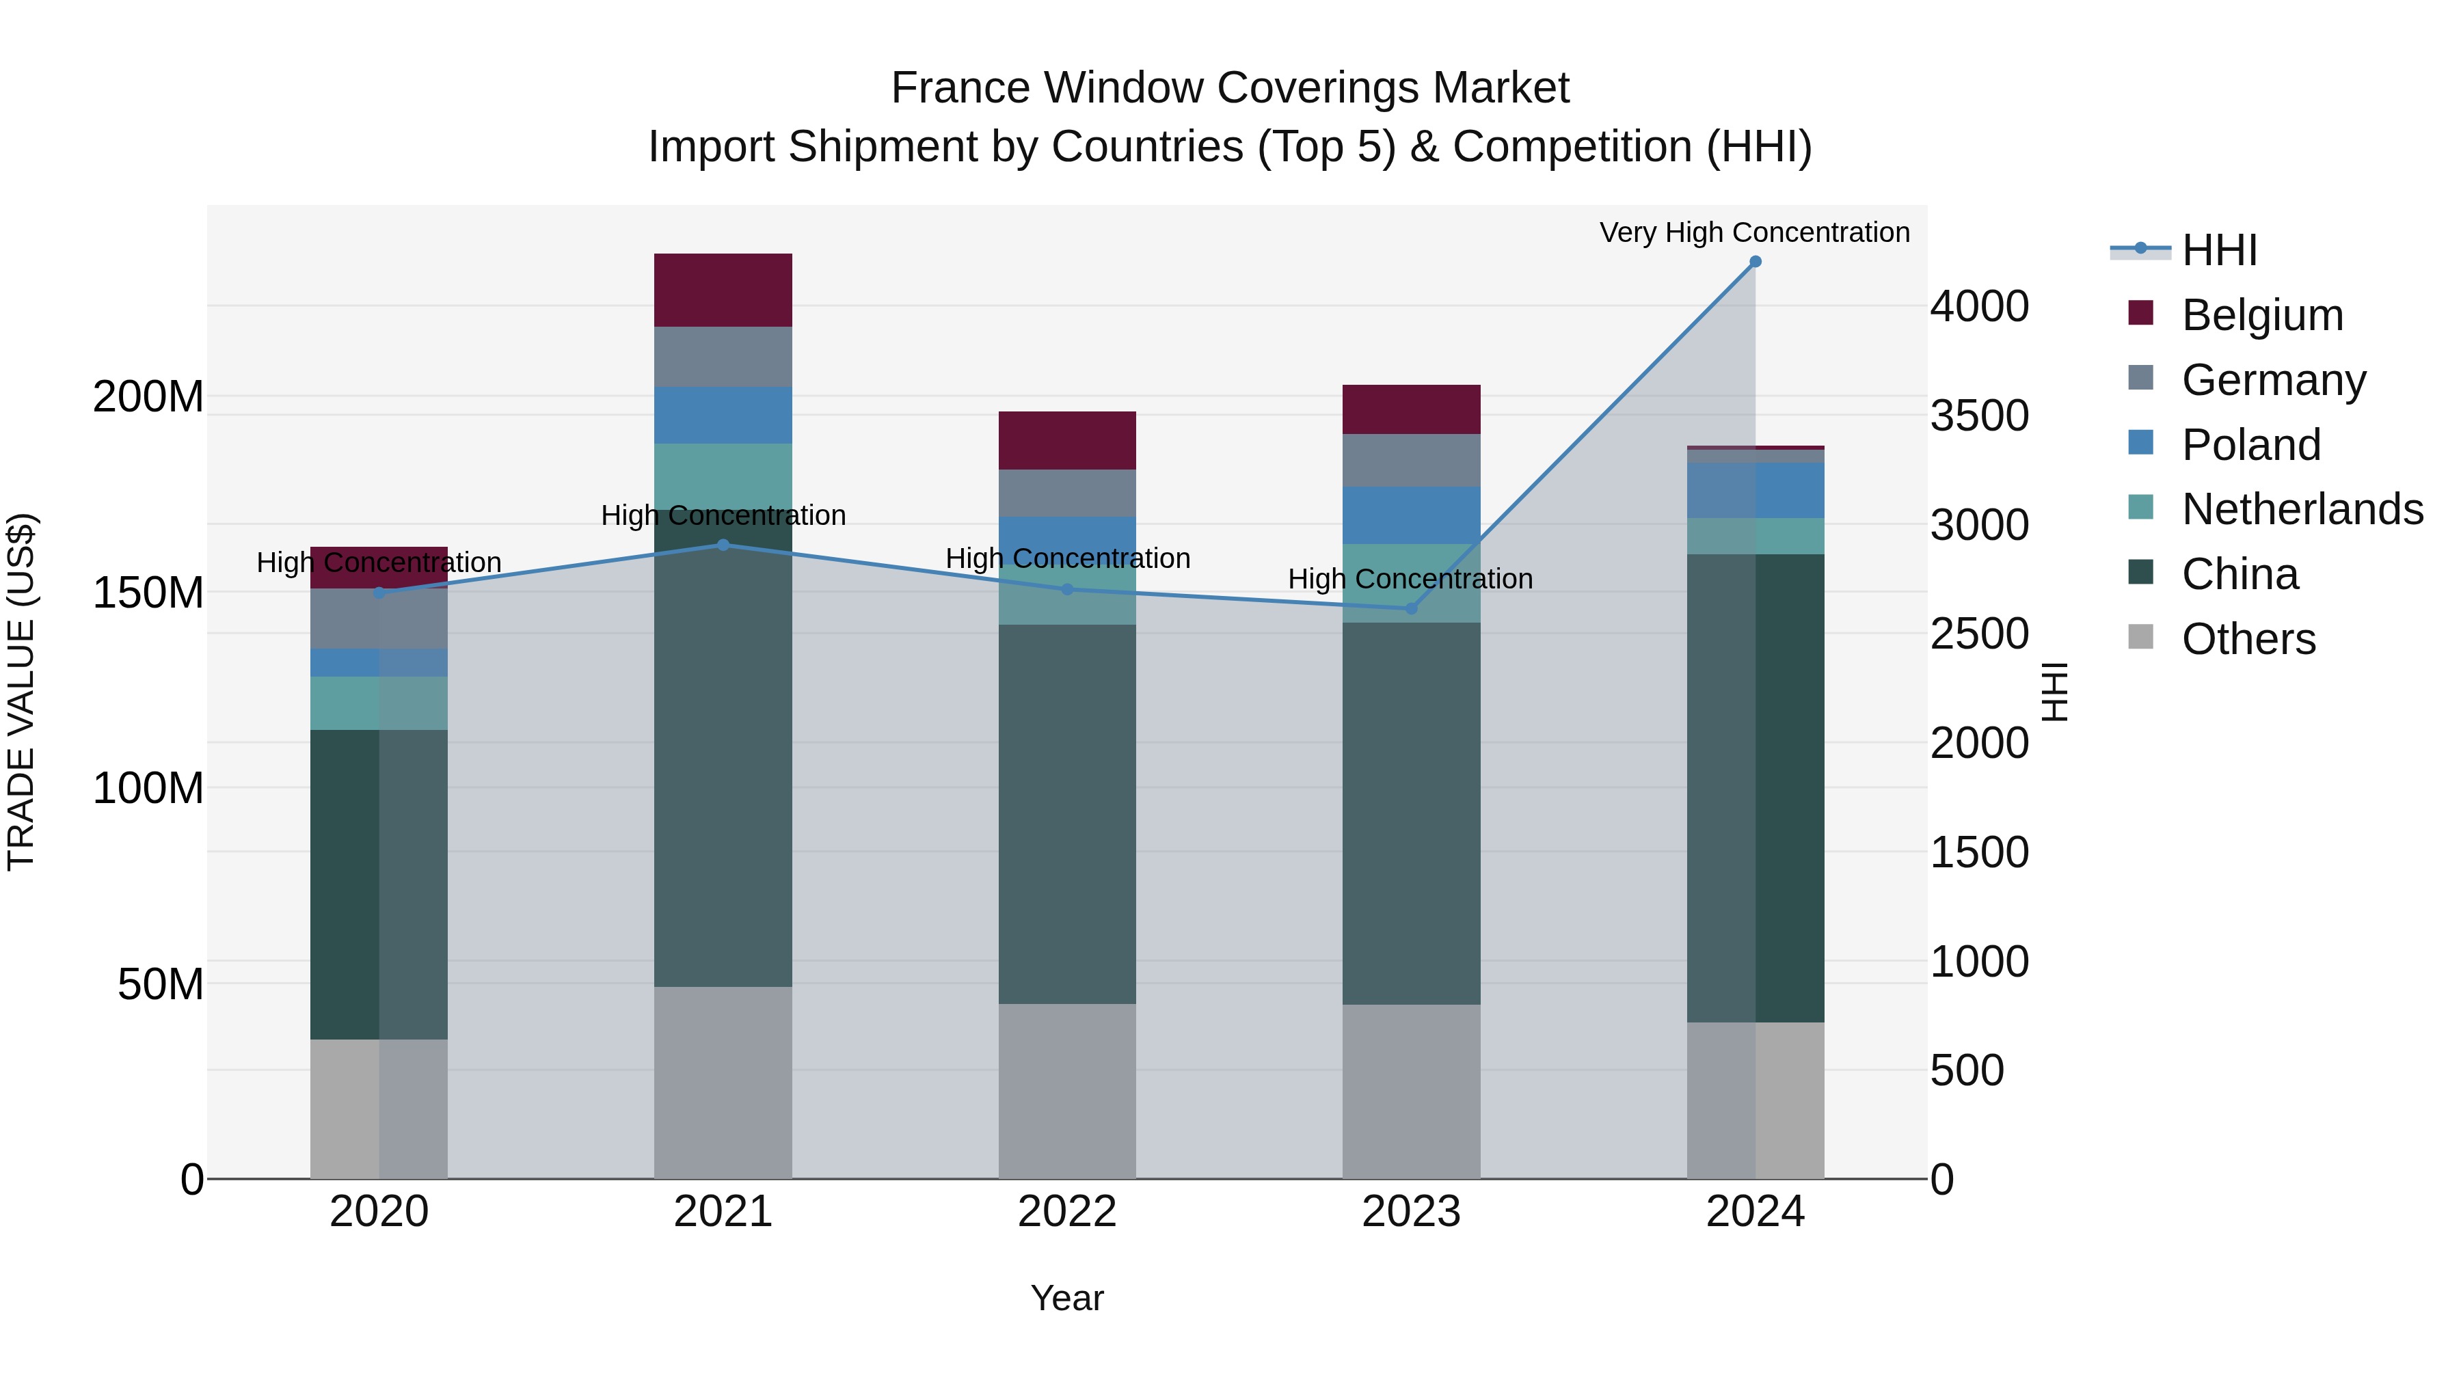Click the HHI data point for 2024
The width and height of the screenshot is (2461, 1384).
coord(1755,262)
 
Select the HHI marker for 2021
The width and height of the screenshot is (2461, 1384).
coord(723,545)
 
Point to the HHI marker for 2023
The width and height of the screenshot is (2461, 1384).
coord(1411,608)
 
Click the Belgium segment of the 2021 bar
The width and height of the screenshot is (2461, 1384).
coord(723,290)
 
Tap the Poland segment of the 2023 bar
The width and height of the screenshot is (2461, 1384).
coord(1411,515)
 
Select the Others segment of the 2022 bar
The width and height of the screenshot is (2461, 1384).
coord(1067,1091)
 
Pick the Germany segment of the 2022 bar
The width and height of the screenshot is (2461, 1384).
coord(1067,493)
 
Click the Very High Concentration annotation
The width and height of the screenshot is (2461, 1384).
coord(1754,233)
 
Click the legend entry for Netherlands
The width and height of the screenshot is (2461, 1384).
coord(2302,509)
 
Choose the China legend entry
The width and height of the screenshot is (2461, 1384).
coord(2240,574)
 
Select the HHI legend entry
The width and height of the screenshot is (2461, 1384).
coord(2218,250)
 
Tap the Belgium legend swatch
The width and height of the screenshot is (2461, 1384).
coord(2141,313)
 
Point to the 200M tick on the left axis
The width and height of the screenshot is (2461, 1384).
coord(148,396)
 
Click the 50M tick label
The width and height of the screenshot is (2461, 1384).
coord(161,983)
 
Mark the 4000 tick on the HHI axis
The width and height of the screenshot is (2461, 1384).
coord(1978,307)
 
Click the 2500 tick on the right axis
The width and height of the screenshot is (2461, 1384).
coord(1978,634)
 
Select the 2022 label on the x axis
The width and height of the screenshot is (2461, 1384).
coord(1067,1212)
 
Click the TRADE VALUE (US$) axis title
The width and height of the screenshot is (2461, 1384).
coord(21,692)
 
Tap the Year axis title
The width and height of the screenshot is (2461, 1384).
coord(1067,1298)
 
